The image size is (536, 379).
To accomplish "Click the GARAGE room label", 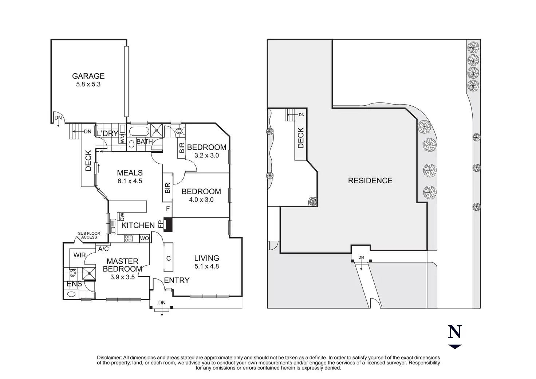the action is click(x=88, y=76).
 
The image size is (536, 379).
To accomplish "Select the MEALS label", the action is click(x=130, y=173).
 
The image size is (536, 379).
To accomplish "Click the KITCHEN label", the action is click(x=138, y=225).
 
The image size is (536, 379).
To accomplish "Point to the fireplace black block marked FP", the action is click(x=168, y=224).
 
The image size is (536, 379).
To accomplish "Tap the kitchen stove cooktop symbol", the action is click(x=129, y=239).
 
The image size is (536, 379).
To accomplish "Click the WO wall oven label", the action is click(x=144, y=239).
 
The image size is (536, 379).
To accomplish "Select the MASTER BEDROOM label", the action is click(x=122, y=265).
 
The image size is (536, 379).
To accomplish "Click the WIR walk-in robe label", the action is click(x=79, y=255).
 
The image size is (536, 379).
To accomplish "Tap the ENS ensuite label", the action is click(x=74, y=284).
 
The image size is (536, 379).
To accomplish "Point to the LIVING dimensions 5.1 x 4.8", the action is click(x=207, y=266).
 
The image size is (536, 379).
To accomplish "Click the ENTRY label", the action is click(x=177, y=280).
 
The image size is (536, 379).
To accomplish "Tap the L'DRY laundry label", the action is click(x=107, y=134).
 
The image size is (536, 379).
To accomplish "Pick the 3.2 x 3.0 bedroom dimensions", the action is click(x=206, y=155).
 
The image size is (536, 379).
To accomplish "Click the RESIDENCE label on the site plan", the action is click(x=370, y=180).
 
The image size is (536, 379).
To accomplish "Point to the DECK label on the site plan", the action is click(x=300, y=137).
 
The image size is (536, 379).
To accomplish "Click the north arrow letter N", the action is click(x=455, y=332).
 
